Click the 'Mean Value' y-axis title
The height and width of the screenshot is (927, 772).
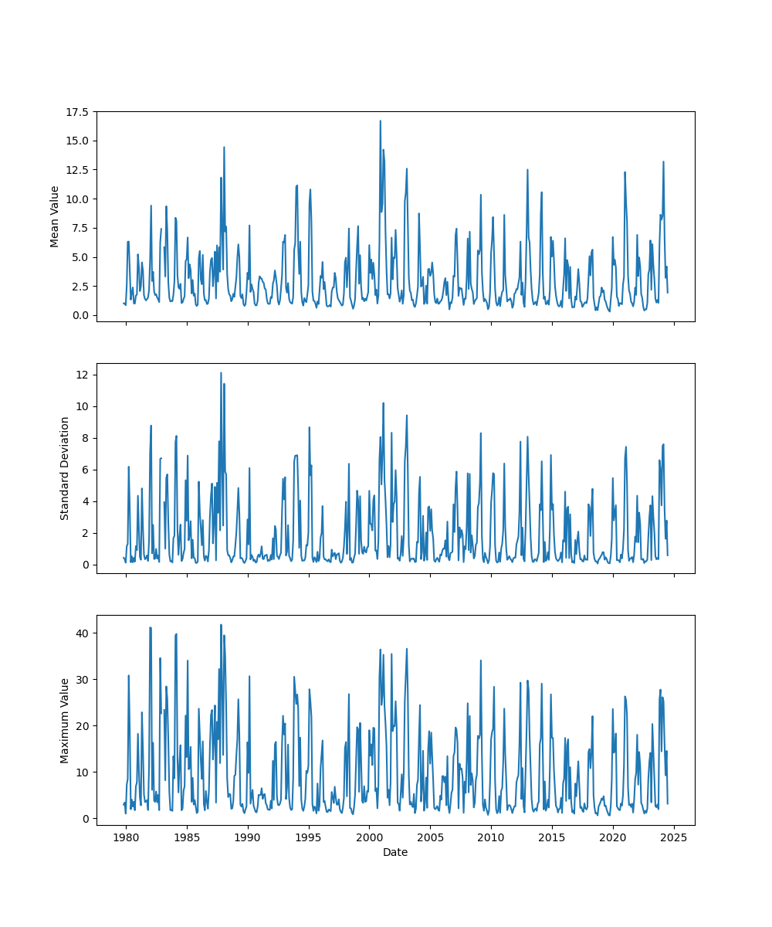(55, 216)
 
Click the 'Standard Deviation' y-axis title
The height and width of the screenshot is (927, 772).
(65, 468)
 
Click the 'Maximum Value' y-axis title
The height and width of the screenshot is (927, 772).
(65, 720)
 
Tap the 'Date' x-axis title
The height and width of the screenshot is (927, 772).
(395, 853)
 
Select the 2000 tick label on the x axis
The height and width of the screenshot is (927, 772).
(369, 837)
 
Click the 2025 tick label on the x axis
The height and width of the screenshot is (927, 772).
(674, 837)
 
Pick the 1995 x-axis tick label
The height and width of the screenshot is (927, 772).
(309, 837)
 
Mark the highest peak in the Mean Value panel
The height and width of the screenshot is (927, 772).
(380, 121)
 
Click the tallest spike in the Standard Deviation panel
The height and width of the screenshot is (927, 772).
(221, 372)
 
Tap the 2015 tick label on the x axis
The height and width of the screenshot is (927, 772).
(552, 837)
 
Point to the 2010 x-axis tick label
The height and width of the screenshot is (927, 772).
(491, 837)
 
